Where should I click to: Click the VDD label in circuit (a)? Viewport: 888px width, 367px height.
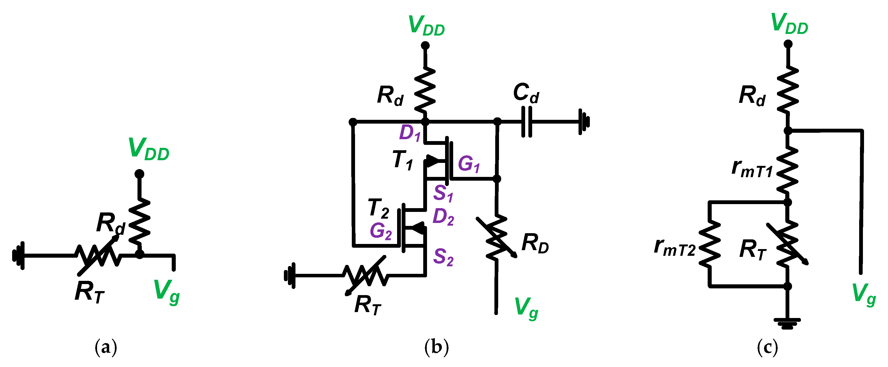[x=149, y=149]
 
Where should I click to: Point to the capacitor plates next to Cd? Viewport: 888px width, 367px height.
[x=527, y=121]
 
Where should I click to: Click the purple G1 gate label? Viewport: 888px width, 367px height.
[x=469, y=164]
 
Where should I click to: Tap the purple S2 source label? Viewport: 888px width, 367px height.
[x=443, y=257]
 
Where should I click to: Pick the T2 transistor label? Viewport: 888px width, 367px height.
[x=378, y=209]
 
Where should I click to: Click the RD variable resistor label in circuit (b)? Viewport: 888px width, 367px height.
[x=535, y=243]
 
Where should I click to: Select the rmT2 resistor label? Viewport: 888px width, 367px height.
[x=674, y=247]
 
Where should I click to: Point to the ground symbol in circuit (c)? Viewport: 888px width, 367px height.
[x=787, y=323]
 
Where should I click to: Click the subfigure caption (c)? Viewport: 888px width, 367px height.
[x=767, y=348]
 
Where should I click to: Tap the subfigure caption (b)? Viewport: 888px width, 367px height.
[x=436, y=348]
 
